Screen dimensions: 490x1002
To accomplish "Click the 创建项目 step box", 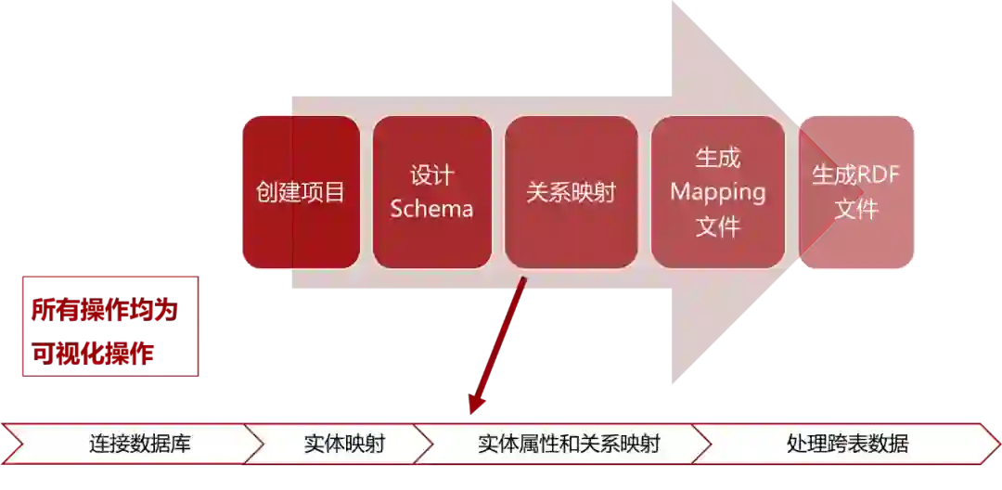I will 300,192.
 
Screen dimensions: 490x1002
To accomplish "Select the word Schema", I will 431,209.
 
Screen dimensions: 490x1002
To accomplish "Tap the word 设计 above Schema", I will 431,175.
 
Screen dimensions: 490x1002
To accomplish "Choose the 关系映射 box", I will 571,192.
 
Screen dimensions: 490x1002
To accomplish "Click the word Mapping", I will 718,192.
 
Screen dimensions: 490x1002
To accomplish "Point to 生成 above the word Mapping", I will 718,159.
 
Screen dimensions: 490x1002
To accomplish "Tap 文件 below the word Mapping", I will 718,226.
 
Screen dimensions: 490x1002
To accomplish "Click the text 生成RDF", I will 856,175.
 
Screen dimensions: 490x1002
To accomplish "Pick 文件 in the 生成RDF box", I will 856,209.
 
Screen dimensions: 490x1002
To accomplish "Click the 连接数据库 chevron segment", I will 139,444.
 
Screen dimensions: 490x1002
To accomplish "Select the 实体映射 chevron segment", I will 343,444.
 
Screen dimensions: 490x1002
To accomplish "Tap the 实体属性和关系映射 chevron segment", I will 568,444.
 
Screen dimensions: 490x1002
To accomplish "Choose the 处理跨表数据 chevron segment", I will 846,444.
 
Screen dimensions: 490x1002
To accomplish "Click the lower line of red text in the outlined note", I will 93,353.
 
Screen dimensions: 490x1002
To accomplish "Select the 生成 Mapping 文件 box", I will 718,192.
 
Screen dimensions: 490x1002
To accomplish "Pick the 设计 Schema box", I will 431,192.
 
